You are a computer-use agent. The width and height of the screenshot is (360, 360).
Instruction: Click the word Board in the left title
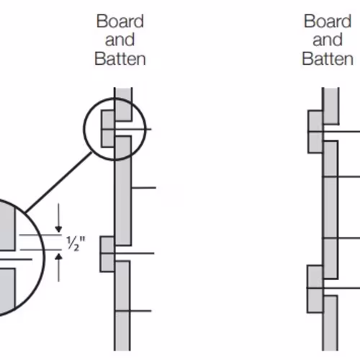coord(120,22)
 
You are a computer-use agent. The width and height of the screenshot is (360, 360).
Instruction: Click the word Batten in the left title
coord(120,59)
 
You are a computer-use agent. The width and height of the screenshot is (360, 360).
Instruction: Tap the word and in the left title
coord(120,40)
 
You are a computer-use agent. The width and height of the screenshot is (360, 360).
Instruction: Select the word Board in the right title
coord(328,22)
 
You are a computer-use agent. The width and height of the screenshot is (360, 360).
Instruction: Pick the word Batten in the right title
coord(328,59)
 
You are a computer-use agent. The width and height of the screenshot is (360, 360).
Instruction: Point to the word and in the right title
coord(328,40)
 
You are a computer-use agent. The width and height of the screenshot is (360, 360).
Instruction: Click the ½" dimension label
coord(76,243)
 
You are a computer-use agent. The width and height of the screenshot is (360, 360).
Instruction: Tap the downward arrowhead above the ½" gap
coord(58,229)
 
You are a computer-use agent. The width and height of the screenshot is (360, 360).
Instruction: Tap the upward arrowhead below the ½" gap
coord(58,257)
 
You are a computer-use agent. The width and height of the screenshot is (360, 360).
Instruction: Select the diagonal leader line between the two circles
coord(58,182)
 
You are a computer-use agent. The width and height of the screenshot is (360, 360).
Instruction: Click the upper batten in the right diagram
coord(315,132)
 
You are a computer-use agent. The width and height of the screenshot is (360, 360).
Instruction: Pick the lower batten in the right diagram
coord(315,289)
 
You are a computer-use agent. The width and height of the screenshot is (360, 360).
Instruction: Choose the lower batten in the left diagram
coord(107,254)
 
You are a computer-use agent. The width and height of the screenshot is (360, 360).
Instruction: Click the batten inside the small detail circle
coord(108,129)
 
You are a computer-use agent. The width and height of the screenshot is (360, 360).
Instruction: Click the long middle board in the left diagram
coord(123,191)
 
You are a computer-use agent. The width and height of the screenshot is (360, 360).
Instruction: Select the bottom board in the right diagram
coord(330,323)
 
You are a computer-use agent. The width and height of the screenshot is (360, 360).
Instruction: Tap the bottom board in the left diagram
coord(122,305)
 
